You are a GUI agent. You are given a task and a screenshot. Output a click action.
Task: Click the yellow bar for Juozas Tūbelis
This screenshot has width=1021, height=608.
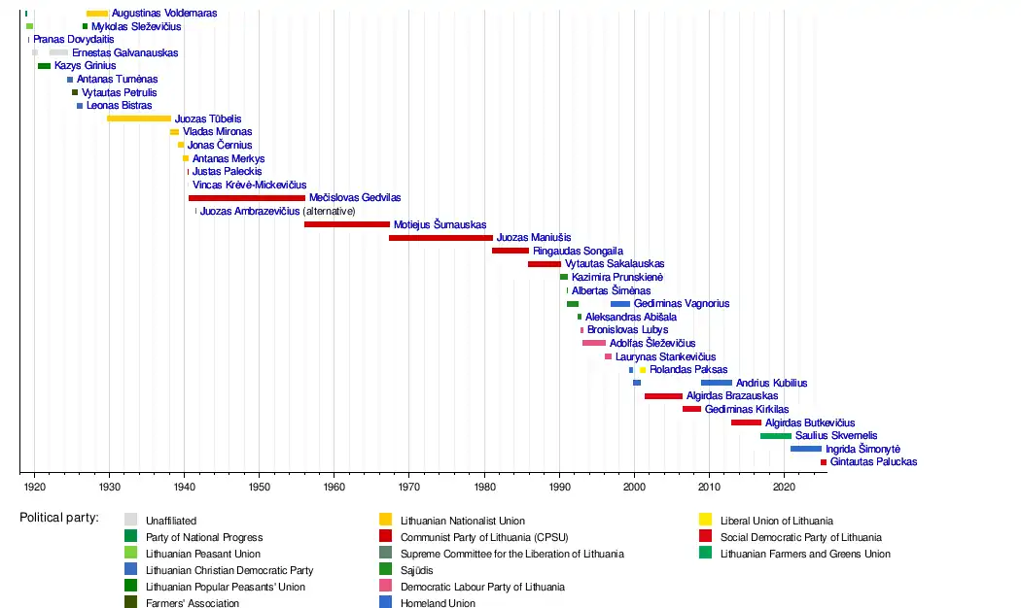(139, 118)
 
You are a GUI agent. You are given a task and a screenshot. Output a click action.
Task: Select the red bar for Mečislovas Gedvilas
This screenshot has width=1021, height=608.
(247, 198)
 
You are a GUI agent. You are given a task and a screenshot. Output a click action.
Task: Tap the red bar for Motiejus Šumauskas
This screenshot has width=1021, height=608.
(347, 224)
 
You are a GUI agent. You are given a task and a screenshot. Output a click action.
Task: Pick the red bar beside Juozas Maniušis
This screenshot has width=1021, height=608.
(440, 238)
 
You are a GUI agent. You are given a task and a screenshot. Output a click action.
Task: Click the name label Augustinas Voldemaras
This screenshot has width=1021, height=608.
(164, 14)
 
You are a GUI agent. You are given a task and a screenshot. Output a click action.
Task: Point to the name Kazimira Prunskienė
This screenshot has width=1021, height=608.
(617, 278)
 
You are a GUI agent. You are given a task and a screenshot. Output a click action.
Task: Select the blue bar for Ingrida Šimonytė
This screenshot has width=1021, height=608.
(805, 449)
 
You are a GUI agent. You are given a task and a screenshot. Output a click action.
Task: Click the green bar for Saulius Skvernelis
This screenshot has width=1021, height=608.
(776, 436)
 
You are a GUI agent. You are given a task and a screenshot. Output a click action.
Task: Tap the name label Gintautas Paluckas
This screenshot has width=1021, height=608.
(874, 462)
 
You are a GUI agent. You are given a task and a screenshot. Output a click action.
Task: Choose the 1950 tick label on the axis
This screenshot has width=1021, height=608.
(260, 486)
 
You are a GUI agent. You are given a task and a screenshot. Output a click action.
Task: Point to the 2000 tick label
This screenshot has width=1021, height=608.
(634, 486)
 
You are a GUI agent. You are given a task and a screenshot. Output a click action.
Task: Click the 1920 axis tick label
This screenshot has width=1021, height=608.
(34, 486)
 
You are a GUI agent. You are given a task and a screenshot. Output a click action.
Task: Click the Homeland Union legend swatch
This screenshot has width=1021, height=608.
(386, 603)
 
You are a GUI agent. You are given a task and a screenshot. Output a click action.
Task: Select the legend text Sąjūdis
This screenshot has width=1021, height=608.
(417, 570)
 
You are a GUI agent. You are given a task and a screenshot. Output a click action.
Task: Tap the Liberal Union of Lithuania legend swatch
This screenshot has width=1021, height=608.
(706, 521)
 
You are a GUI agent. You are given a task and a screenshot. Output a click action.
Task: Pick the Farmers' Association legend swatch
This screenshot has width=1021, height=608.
(130, 603)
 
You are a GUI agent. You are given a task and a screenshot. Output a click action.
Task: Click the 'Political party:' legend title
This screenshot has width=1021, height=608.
(59, 518)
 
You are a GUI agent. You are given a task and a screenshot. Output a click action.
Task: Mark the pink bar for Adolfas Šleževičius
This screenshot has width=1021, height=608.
(594, 343)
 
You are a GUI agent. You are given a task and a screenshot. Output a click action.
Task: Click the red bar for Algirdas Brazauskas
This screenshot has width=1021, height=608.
(663, 396)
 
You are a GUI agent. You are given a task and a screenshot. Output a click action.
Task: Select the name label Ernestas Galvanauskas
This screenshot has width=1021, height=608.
(125, 53)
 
